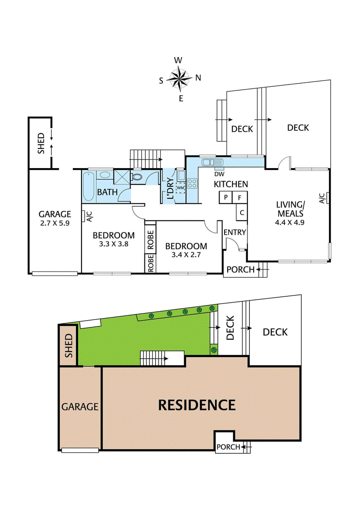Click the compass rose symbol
coord(180,78)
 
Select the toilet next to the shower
coord(137,178)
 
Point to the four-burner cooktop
coord(192,183)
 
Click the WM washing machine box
coord(180,187)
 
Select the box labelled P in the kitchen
coord(225,197)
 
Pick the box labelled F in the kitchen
coord(240,197)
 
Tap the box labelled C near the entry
coord(242,213)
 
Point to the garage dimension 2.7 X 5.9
coord(54,222)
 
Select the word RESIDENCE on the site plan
coord(197,405)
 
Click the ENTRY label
coord(235,232)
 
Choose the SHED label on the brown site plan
coord(68,345)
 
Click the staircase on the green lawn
coord(154,359)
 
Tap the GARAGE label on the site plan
coord(80,407)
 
